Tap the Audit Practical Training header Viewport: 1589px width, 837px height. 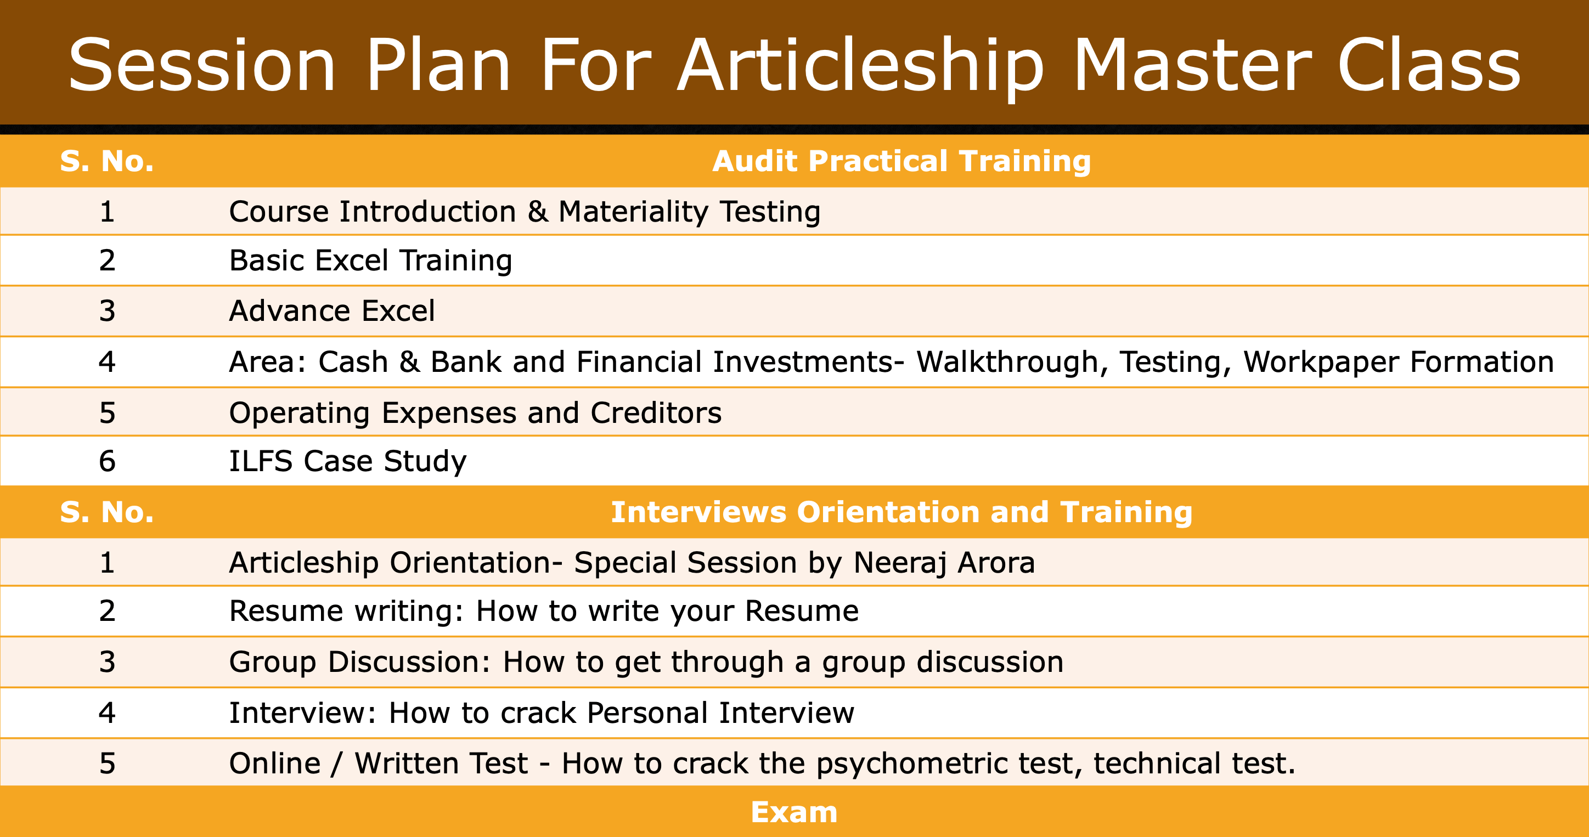click(901, 161)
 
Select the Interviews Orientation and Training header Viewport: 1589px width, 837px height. click(901, 512)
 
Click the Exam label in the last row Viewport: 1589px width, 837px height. click(794, 812)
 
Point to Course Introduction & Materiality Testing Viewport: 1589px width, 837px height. click(525, 212)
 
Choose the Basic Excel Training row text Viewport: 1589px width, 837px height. click(371, 261)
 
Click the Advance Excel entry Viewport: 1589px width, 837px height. click(332, 310)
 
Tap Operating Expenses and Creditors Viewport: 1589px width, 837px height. click(475, 412)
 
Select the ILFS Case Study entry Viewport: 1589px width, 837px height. click(348, 461)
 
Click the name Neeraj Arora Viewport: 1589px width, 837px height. click(944, 563)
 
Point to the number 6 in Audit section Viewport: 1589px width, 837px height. click(108, 461)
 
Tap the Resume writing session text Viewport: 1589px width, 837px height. click(543, 611)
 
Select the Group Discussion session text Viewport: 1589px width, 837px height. click(646, 663)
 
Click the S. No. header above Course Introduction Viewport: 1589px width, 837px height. click(106, 161)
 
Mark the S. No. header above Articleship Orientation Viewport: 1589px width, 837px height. click(106, 512)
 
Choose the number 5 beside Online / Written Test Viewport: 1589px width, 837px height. click(108, 764)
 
